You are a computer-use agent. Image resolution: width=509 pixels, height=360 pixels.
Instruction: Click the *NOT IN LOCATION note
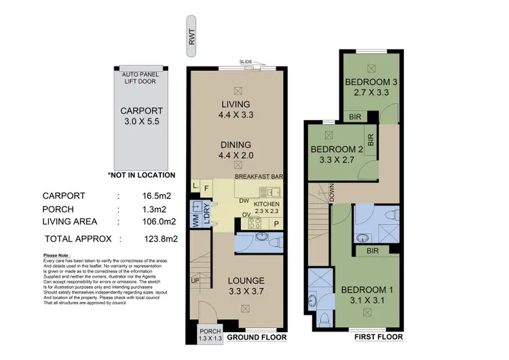(141, 175)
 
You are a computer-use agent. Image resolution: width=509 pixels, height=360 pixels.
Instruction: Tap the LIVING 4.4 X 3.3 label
(236, 109)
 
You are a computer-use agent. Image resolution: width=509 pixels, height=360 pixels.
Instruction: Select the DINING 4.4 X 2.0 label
(236, 150)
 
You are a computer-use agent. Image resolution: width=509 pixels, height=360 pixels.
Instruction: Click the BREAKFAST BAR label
(259, 177)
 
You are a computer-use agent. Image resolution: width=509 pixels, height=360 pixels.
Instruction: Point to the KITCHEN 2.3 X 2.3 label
(267, 207)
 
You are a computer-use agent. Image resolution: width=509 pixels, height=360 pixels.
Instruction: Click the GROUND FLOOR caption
(257, 337)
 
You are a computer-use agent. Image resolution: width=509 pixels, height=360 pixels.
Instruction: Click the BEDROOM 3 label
(371, 88)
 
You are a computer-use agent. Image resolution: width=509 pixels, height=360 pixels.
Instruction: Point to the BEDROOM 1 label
(367, 291)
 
